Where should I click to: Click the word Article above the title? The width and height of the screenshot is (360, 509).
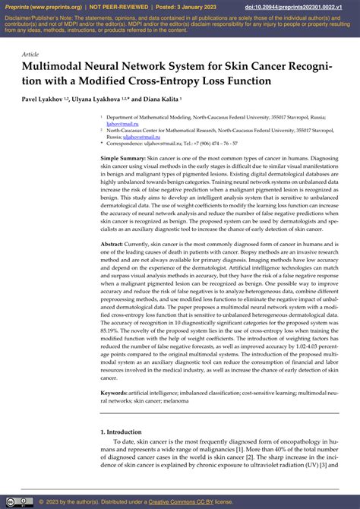(x=31, y=55)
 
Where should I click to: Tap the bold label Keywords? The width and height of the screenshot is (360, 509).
(x=115, y=393)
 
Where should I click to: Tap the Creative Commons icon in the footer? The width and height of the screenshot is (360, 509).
(x=19, y=501)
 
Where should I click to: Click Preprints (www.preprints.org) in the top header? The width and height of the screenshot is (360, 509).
(x=40, y=7)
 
